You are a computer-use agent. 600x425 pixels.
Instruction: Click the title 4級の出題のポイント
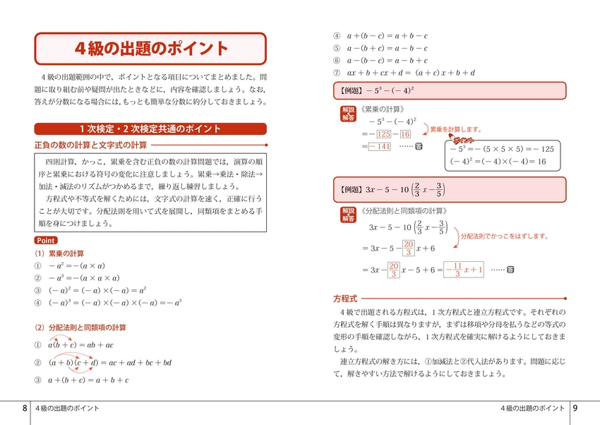(x=151, y=49)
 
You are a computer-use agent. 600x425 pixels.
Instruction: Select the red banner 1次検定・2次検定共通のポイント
(x=150, y=128)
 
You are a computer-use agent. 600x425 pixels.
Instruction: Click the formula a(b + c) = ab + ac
(x=80, y=345)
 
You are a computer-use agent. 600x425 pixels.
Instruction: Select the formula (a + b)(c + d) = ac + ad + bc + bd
(x=110, y=363)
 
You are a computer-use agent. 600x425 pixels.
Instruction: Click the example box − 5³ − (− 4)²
(x=449, y=91)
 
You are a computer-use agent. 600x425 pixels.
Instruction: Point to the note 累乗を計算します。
(x=456, y=130)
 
